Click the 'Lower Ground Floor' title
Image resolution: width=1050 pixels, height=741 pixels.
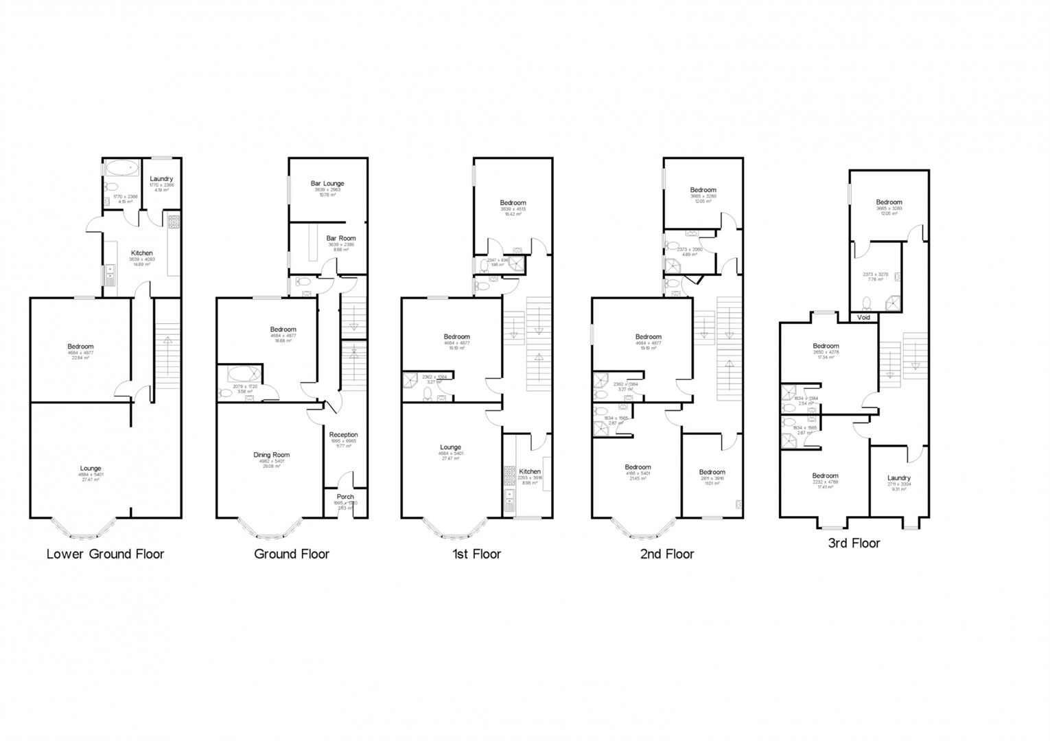105,554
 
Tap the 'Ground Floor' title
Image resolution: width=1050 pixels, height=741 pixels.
292,554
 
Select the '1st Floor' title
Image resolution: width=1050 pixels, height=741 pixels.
476,554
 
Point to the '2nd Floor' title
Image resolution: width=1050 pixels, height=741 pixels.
666,554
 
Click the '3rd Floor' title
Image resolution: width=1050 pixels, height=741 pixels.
854,543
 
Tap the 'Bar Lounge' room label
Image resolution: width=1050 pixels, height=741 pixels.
327,183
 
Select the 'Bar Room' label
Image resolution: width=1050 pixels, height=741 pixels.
341,238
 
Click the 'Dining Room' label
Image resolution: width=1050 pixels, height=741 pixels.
272,454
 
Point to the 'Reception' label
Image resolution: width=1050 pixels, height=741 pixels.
343,434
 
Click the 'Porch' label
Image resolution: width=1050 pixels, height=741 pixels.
345,497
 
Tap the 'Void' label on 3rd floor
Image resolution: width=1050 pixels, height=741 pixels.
863,318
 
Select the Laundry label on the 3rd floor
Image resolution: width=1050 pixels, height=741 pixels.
898,478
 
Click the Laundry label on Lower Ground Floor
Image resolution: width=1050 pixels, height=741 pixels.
161,178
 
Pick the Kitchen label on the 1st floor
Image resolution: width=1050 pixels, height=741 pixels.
529,471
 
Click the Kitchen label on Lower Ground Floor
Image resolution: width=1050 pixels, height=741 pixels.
142,253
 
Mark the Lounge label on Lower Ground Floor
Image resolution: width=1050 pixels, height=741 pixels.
90,469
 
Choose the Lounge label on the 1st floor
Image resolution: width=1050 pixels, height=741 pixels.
450,447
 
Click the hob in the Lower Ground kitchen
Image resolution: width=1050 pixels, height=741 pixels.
174,222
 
